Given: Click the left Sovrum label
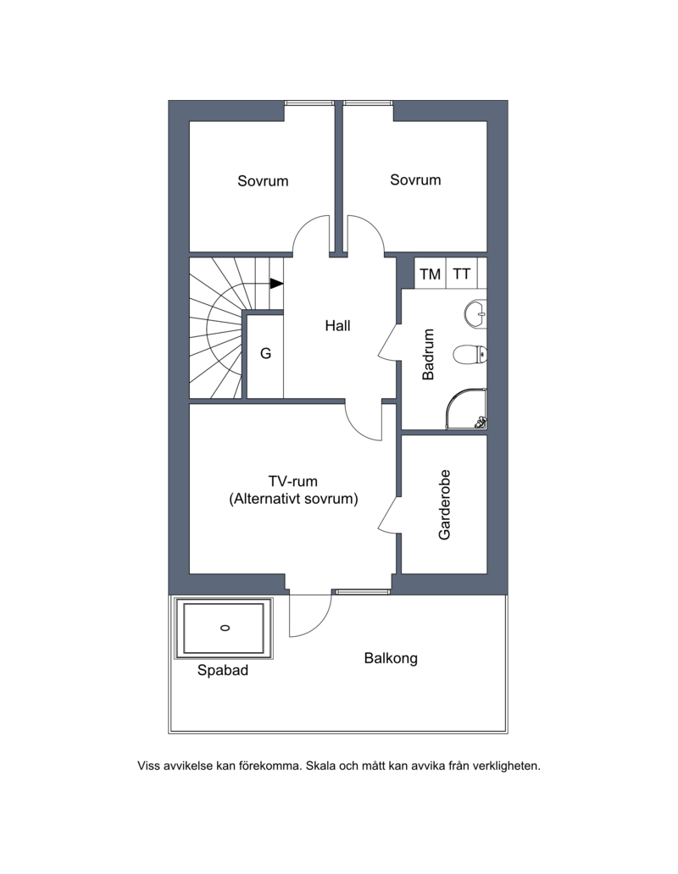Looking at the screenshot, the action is pyautogui.click(x=263, y=180).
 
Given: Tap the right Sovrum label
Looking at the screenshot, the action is pyautogui.click(x=415, y=180).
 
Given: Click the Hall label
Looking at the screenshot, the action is pyautogui.click(x=337, y=325).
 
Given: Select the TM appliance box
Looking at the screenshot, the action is pyautogui.click(x=430, y=273).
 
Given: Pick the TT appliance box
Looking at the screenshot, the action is pyautogui.click(x=462, y=273).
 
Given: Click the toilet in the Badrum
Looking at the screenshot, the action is pyautogui.click(x=470, y=354).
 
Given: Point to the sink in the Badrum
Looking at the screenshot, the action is pyautogui.click(x=475, y=314).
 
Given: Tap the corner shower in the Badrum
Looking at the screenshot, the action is pyautogui.click(x=466, y=408).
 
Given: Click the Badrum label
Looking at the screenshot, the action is pyautogui.click(x=428, y=355).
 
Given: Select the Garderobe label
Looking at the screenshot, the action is pyautogui.click(x=444, y=505).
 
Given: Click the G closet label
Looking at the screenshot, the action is pyautogui.click(x=265, y=353).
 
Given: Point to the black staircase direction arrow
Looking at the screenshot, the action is pyautogui.click(x=276, y=284).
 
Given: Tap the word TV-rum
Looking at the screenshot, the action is pyautogui.click(x=292, y=481).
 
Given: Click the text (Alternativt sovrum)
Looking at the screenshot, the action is pyautogui.click(x=293, y=498).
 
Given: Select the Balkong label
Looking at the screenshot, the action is pyautogui.click(x=391, y=658).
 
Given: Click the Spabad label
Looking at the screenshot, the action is pyautogui.click(x=222, y=670).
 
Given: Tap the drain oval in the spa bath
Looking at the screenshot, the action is pyautogui.click(x=225, y=628).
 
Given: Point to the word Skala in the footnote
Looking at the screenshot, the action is pyautogui.click(x=320, y=766).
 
